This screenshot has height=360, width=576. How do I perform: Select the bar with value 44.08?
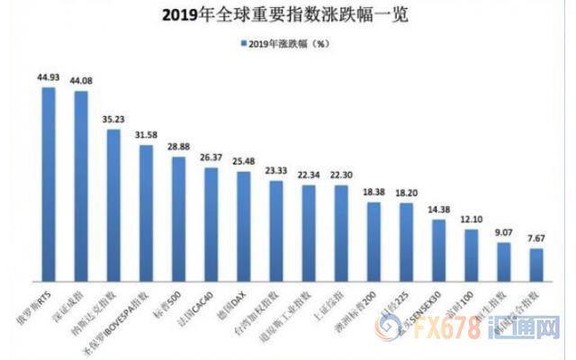pos(81,184)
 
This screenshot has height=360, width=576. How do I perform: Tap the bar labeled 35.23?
pos(113,204)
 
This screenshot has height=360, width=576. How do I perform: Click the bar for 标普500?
pos(179,218)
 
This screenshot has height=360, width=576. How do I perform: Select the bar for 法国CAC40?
pos(211,223)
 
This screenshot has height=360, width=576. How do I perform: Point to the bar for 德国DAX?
pos(244,225)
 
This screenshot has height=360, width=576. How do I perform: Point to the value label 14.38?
pos(438,210)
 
